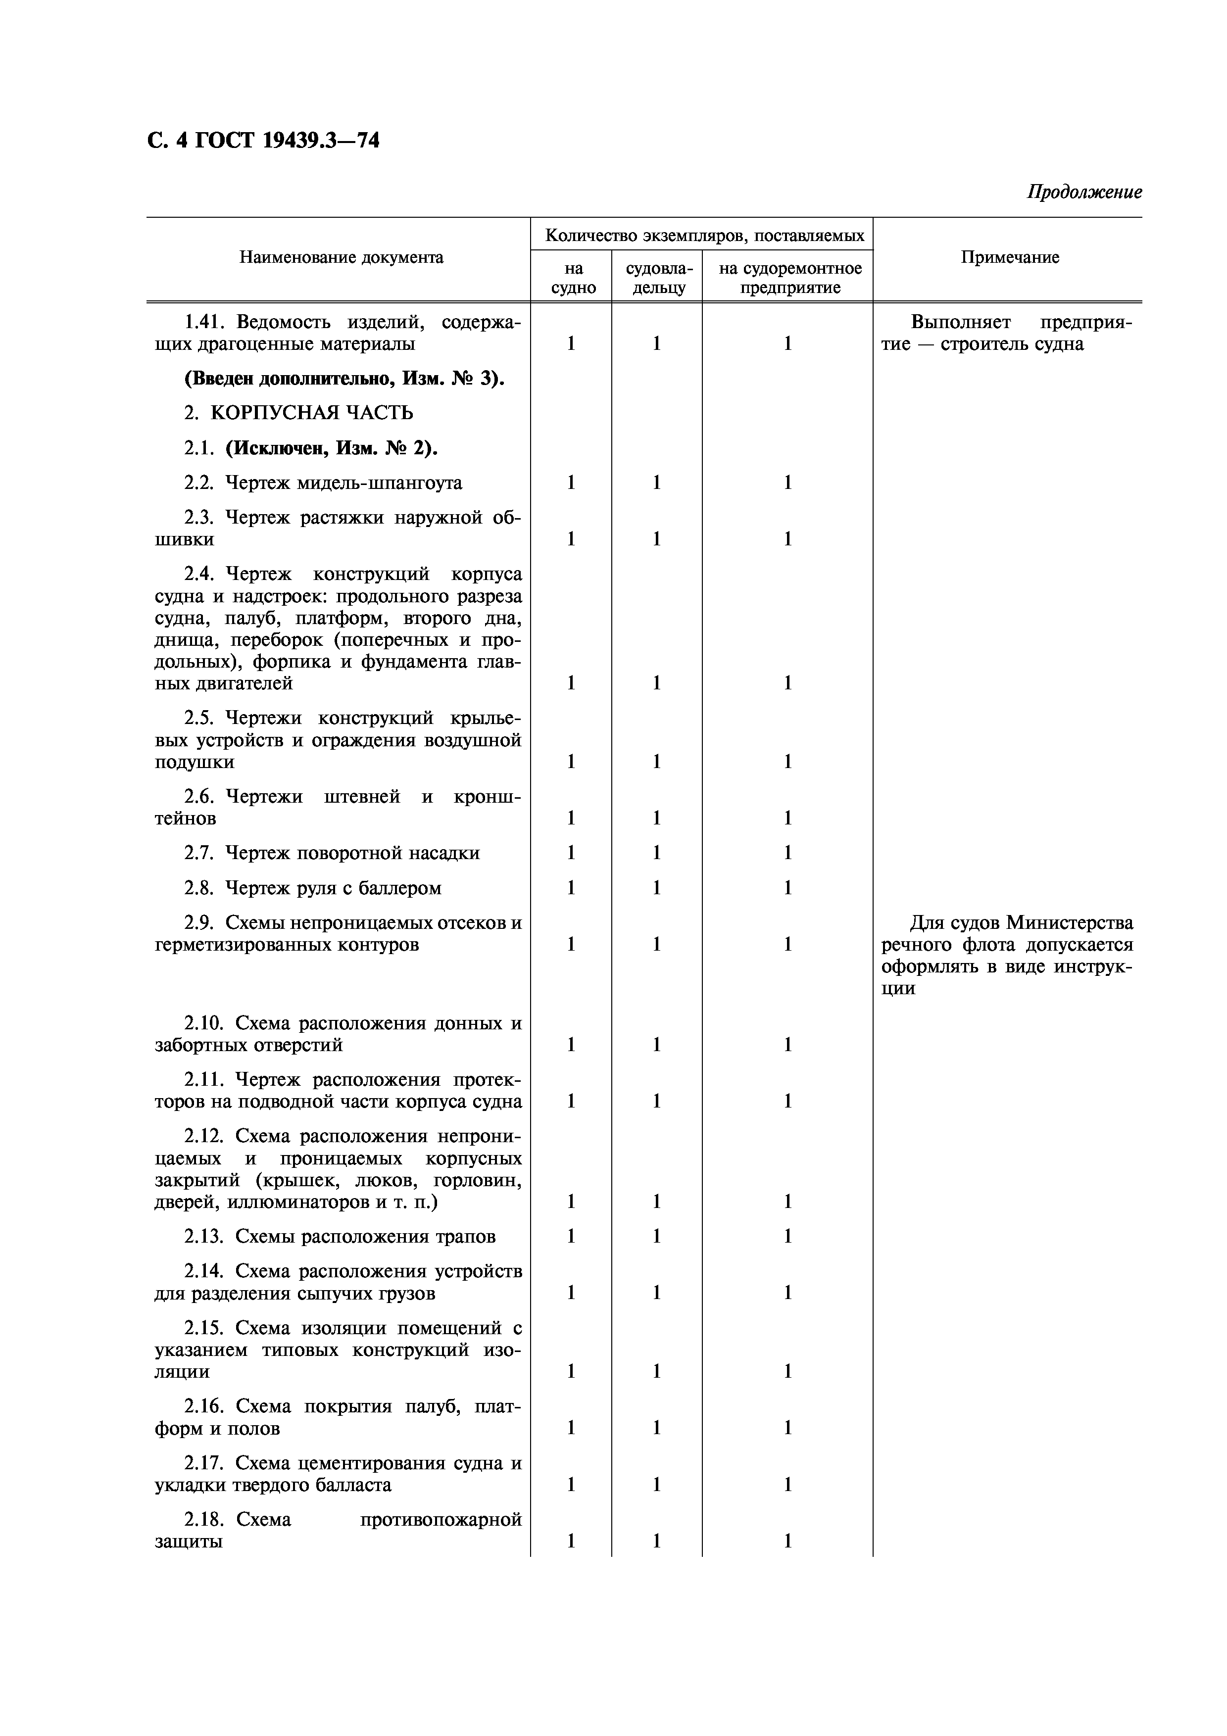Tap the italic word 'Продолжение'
coord(1083,192)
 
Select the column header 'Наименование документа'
coord(341,258)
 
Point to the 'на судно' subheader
coord(573,278)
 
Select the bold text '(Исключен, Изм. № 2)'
coord(331,448)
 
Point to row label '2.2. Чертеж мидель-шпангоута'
coord(323,483)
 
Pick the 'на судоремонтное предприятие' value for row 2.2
coord(788,483)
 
